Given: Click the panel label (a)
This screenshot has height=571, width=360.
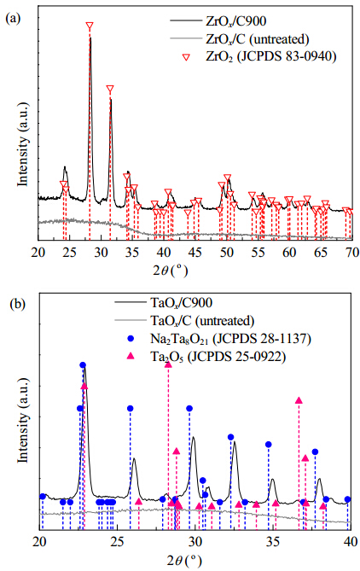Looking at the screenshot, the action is [x=13, y=18].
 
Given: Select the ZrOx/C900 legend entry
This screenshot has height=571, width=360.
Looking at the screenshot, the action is [x=218, y=21].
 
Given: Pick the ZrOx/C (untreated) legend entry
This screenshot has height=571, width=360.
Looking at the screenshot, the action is [x=239, y=38].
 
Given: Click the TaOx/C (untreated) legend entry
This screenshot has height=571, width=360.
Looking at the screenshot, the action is [x=184, y=320].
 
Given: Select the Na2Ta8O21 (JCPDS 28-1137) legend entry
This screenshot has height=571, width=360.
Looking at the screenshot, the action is [x=220, y=339].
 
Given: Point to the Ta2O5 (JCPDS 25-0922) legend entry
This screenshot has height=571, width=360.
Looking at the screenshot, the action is [x=207, y=357].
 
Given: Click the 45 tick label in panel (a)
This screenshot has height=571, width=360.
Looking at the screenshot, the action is [x=196, y=252].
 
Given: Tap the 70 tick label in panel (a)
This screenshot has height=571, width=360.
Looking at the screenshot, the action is [x=351, y=252].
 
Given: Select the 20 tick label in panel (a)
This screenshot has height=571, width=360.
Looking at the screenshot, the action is [x=38, y=252].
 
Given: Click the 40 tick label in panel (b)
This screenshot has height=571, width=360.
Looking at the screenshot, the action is [x=350, y=542].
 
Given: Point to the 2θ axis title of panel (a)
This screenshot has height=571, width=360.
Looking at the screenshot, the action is [x=170, y=271].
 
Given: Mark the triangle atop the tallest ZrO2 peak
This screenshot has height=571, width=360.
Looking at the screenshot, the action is [x=90, y=26].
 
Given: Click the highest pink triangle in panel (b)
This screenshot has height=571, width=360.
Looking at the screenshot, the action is [x=168, y=364].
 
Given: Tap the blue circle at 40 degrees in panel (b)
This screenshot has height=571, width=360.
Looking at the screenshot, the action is [x=347, y=499].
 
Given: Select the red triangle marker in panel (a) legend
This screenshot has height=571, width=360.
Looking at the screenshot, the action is [x=187, y=57].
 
